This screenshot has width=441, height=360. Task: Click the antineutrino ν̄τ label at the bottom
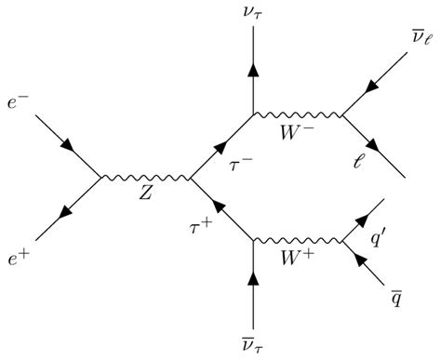tap(252, 344)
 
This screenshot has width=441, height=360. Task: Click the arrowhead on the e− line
tap(68, 146)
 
